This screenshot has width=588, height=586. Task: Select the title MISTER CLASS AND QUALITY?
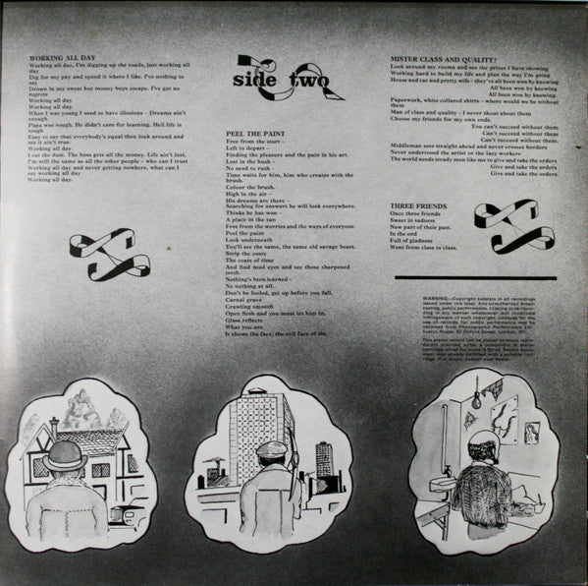coord(433,58)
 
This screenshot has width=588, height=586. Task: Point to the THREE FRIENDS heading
coord(413,204)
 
